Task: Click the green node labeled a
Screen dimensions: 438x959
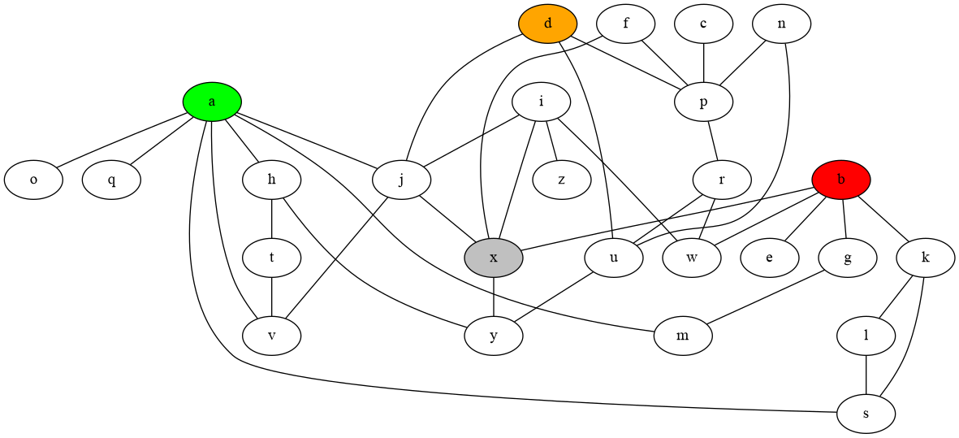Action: point(212,102)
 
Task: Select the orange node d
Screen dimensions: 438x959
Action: point(548,23)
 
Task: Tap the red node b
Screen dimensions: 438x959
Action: point(841,180)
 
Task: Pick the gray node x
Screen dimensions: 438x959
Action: point(494,258)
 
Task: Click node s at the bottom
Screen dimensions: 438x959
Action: point(866,414)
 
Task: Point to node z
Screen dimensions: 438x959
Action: point(562,180)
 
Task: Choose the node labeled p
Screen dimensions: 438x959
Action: point(703,102)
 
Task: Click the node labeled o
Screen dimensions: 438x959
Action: point(33,180)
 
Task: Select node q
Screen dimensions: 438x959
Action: point(111,180)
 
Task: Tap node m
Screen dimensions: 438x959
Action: point(683,336)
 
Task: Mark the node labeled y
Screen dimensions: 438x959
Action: point(494,336)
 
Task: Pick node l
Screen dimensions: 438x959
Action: point(866,336)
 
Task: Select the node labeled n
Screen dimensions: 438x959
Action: point(781,23)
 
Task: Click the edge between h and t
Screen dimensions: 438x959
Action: point(271,219)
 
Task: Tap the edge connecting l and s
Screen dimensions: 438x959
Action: point(866,375)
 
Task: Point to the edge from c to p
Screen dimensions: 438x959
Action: point(703,62)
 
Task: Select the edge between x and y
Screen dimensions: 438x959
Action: point(494,297)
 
